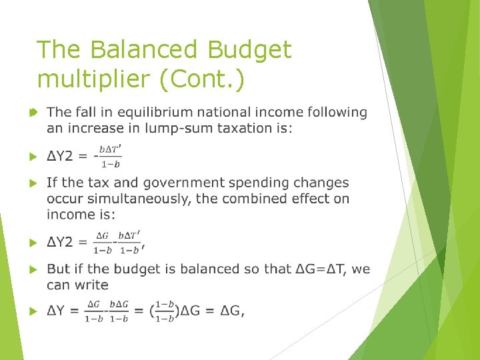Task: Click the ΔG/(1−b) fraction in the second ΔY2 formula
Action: pos(102,243)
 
